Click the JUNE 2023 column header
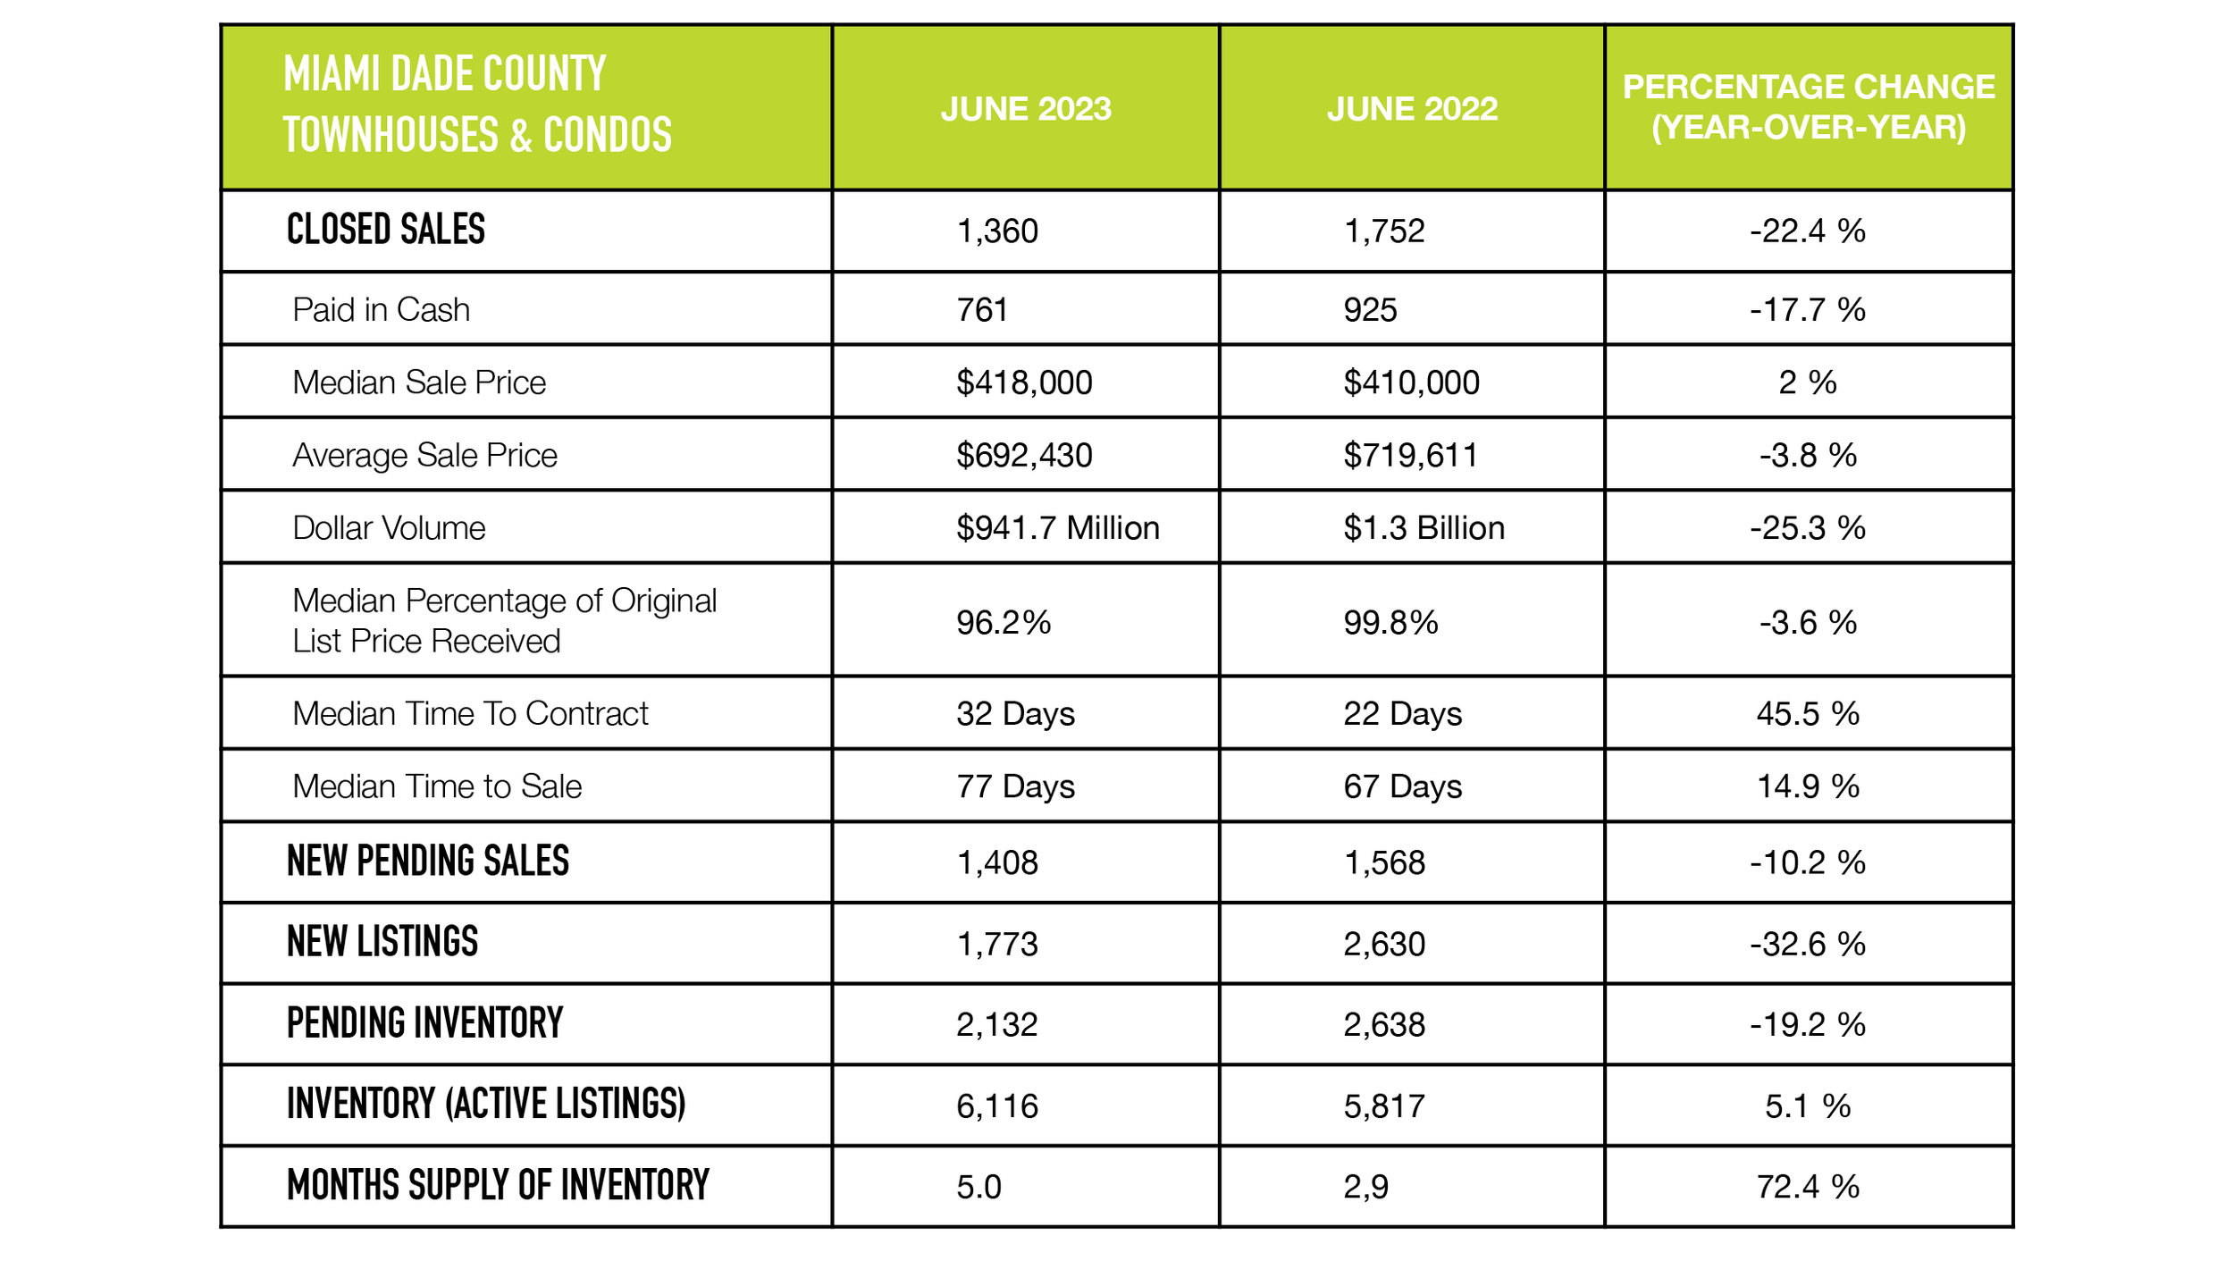pos(1025,109)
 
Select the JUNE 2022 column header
pos(1412,109)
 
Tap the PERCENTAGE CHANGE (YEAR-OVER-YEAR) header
pos(1808,107)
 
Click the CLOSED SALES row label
pos(385,230)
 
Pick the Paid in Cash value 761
pos(982,310)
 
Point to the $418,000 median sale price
pos(1024,383)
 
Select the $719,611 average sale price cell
pos(1410,456)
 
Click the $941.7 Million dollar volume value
pos(1057,528)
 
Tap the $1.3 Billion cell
pos(1424,528)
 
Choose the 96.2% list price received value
pos(1003,623)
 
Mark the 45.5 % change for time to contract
pos(1807,714)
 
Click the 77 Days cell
pos(1015,786)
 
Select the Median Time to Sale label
pos(437,786)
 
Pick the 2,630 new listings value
pos(1384,945)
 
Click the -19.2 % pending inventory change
pos(1807,1025)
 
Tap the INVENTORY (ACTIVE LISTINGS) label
pos(485,1105)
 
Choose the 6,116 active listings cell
pos(997,1106)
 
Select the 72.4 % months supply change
pos(1807,1187)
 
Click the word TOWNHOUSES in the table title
pos(391,136)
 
